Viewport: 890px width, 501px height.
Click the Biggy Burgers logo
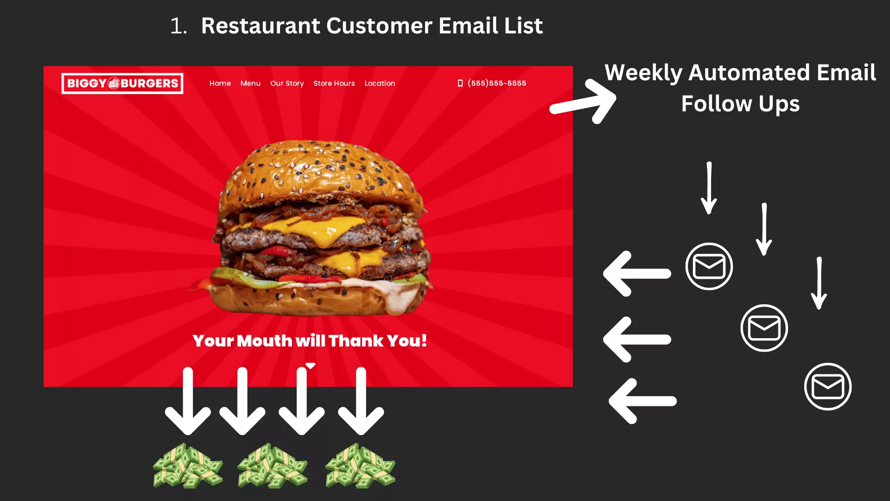click(122, 83)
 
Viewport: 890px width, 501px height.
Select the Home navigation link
click(220, 83)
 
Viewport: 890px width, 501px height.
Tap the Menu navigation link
click(250, 83)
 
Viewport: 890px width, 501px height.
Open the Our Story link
click(287, 83)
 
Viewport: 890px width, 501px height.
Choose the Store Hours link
click(334, 83)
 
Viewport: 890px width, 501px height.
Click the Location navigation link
click(380, 83)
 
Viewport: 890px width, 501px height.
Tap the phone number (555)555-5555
click(497, 83)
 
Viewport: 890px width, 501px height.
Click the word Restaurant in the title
click(261, 26)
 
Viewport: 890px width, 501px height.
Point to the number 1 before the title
click(176, 26)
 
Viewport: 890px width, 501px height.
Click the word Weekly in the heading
click(643, 73)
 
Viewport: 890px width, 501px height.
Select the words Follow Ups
click(740, 103)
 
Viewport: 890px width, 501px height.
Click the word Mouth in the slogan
click(265, 341)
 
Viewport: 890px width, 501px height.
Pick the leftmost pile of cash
click(188, 466)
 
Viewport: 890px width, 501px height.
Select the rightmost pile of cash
click(360, 466)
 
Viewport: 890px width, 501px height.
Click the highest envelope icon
click(709, 266)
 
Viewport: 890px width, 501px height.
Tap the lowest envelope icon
click(828, 386)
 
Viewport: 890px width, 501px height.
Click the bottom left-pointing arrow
click(642, 401)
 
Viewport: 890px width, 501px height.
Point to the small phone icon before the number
click(460, 83)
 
